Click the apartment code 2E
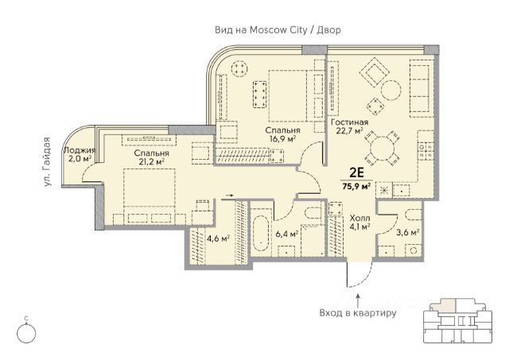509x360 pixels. [356, 173]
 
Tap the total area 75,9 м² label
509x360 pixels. [356, 186]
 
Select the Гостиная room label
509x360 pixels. [349, 122]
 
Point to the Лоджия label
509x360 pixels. [80, 150]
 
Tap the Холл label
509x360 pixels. [359, 218]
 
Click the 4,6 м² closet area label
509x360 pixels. [218, 238]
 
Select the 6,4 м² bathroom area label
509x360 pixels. [286, 234]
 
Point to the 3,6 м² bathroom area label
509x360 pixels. [408, 232]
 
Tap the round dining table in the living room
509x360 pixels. [382, 149]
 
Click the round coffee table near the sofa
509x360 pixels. [390, 91]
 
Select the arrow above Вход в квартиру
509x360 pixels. [358, 300]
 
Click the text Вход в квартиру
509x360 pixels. [358, 313]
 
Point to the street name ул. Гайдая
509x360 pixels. [48, 161]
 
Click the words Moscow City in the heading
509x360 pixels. [278, 30]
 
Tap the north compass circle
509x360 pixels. [26, 334]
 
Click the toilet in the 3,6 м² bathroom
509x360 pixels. [414, 214]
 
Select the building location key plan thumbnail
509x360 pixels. [458, 321]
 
